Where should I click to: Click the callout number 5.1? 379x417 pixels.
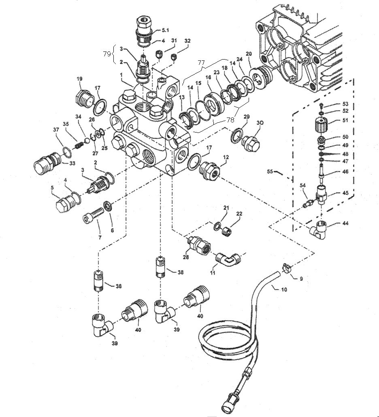coord(166,30)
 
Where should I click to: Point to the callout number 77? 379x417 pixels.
coord(201,63)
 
